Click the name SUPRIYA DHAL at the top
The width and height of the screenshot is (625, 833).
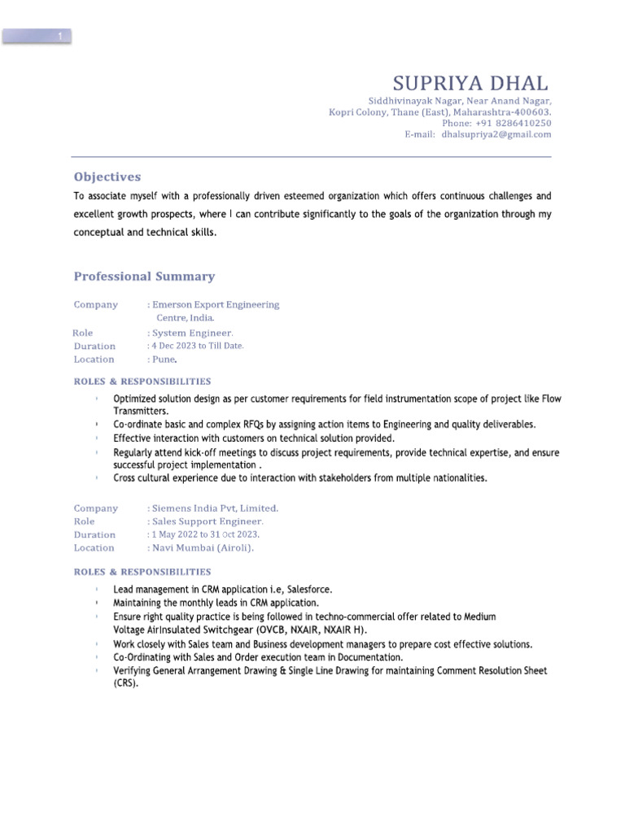(470, 84)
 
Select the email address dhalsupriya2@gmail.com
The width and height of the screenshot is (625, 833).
(496, 134)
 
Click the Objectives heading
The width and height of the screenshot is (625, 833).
(107, 177)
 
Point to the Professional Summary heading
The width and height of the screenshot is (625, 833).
(144, 277)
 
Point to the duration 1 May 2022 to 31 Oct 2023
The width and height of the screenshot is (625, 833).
(205, 534)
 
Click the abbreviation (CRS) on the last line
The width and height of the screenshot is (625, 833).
(125, 683)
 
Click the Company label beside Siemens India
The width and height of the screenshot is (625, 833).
(96, 508)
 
